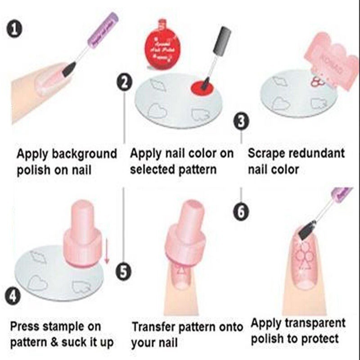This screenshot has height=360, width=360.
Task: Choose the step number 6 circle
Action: tap(242, 211)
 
